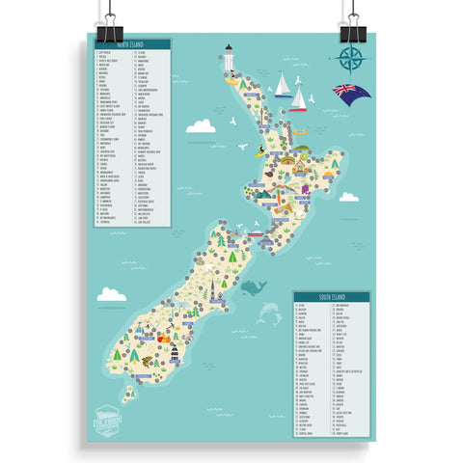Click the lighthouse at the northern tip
click(x=230, y=59)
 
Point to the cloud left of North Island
click(x=201, y=125)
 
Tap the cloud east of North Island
click(x=349, y=197)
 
